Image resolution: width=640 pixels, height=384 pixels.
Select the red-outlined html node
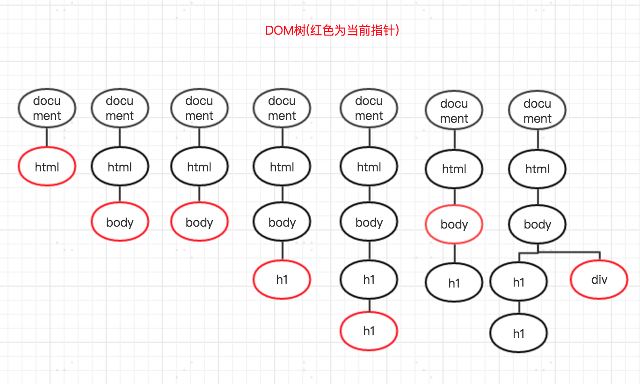(47, 167)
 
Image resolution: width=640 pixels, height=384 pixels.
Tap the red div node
(599, 280)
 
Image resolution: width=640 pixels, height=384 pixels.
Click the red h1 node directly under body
(282, 280)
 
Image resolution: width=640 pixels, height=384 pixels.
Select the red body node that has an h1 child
(454, 225)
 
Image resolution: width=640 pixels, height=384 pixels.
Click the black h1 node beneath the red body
(454, 283)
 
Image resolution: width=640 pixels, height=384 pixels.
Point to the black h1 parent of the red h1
(369, 280)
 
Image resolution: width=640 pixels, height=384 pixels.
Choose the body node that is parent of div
(537, 225)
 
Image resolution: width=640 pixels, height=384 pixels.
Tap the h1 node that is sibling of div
(518, 282)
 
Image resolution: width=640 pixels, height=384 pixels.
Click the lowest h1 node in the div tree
(518, 334)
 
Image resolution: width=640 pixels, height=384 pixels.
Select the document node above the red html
(47, 108)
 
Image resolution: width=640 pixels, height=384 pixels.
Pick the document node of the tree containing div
(537, 111)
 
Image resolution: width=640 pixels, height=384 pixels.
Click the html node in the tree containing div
(537, 170)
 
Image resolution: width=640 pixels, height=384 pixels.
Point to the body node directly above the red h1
(282, 222)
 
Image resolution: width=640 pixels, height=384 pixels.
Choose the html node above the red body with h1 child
(454, 170)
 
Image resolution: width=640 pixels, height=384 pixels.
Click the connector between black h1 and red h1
(369, 305)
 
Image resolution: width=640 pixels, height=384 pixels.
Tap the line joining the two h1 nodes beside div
(518, 308)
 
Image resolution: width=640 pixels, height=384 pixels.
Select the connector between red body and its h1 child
(454, 254)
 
